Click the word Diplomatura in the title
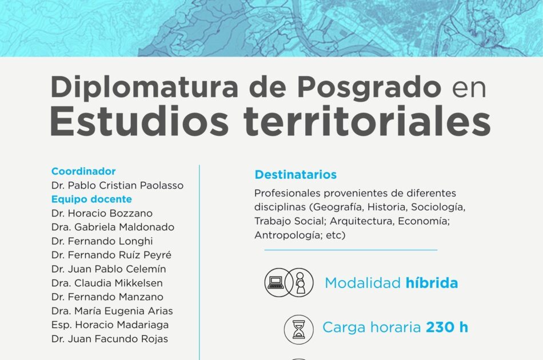pos(144,87)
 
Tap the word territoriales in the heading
pos(367,122)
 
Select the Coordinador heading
pos(83,171)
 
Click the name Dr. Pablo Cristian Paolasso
pos(117,185)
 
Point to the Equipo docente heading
pos(92,199)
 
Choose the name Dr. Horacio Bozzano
pos(102,213)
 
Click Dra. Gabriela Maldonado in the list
pos(113,227)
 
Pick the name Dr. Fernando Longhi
pos(102,241)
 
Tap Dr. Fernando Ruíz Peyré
pos(111,255)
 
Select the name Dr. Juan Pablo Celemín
pos(109,269)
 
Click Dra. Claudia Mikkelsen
pos(107,283)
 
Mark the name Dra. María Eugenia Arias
pos(112,311)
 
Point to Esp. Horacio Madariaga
pos(110,325)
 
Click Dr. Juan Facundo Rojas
pos(110,338)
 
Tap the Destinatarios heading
pos(296,174)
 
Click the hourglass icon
pos(299,329)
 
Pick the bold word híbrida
pos(432,283)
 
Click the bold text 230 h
pos(447,327)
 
